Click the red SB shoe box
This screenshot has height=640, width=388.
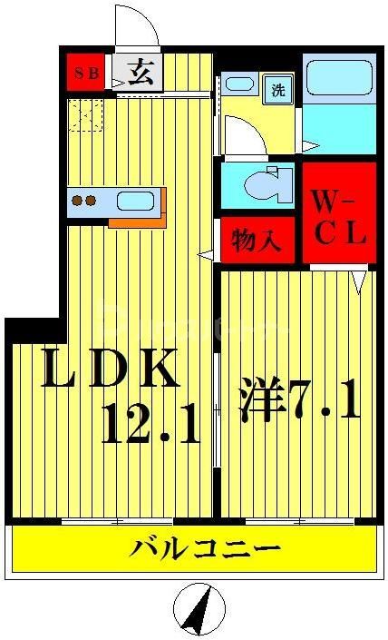87,74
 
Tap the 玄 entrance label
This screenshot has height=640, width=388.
139,73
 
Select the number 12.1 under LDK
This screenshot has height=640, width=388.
150,424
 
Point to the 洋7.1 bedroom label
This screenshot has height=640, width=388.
299,399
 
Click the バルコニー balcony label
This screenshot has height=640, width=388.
203,550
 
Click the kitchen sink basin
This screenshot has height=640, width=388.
134,201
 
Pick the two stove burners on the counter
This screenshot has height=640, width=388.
84,201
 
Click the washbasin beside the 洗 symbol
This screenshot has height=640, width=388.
240,85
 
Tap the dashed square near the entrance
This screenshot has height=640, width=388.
86,116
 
